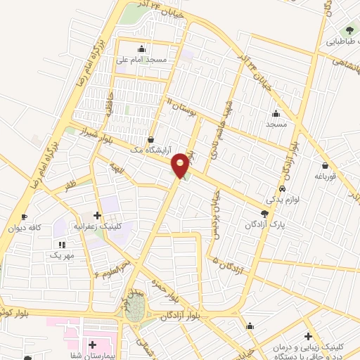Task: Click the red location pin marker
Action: coord(181,165)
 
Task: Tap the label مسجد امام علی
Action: coord(142,60)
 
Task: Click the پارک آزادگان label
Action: coord(264,224)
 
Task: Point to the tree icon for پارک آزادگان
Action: coord(264,214)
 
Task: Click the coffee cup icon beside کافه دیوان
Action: coord(25,217)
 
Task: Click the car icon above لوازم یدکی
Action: coord(282,188)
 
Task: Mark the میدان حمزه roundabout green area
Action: coord(136,307)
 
